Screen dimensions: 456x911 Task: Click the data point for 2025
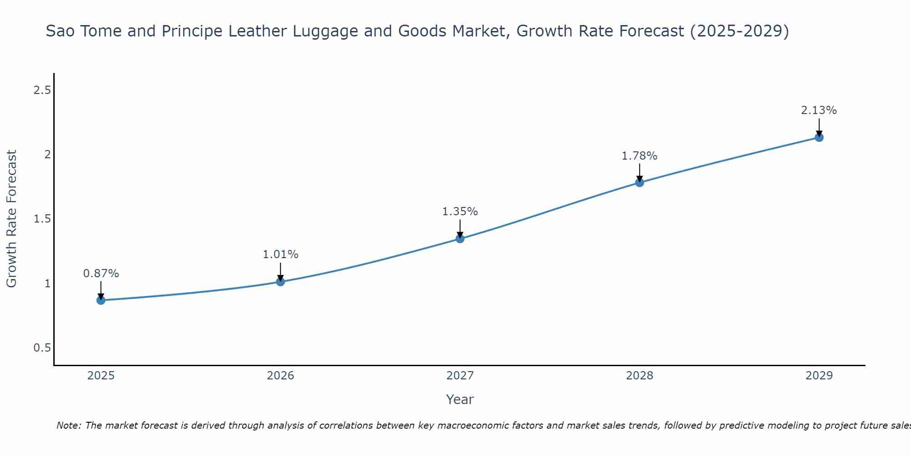[101, 300]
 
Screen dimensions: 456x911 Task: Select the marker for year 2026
[280, 282]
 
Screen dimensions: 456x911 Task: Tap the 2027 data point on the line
[460, 238]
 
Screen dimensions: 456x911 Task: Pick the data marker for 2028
[639, 182]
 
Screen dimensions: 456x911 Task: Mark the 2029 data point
[819, 137]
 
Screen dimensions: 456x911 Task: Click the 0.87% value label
[101, 274]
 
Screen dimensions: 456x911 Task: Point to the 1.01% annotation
[280, 254]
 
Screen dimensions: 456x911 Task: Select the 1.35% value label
[460, 212]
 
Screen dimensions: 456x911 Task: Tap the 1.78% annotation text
[639, 156]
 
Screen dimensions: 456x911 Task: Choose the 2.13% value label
[819, 110]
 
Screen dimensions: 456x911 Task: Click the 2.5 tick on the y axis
[42, 90]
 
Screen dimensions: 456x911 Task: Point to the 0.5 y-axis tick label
[42, 348]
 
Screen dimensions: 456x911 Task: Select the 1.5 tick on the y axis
[42, 219]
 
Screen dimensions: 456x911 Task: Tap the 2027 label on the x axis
[460, 376]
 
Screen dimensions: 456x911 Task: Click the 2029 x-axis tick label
[819, 376]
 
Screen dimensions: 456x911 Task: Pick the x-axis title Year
[460, 399]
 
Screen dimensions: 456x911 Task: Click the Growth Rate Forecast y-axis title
[11, 219]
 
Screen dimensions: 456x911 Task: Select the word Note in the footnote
[68, 425]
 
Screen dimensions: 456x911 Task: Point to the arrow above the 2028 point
[639, 172]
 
